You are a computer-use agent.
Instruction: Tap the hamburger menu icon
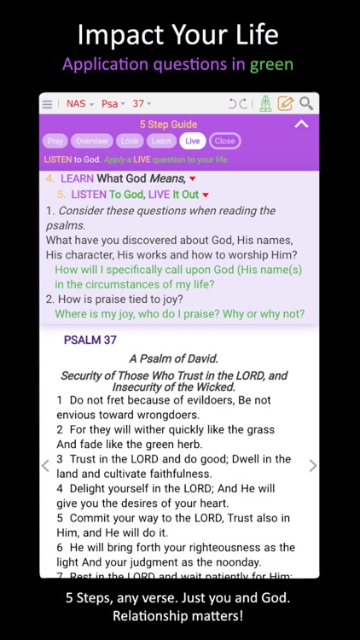[48, 104]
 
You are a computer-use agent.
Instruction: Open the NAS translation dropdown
[79, 104]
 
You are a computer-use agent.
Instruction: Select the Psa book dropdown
[113, 104]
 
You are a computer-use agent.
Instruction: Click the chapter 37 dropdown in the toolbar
[141, 104]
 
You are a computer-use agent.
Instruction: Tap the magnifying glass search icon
[306, 104]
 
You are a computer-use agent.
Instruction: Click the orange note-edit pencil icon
[286, 104]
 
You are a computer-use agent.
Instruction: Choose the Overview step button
[91, 141]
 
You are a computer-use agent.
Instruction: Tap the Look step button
[130, 141]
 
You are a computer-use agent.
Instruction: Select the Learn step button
[161, 141]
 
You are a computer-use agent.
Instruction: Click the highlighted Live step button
[192, 141]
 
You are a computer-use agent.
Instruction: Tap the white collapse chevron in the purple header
[300, 125]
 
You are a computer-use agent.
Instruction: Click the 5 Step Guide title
[168, 125]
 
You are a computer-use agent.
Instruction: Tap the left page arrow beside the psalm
[46, 466]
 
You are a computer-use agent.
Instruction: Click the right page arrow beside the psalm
[312, 466]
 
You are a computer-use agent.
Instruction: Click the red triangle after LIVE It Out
[206, 195]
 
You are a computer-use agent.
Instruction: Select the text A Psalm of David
[174, 359]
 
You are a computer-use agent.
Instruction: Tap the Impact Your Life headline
[179, 34]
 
